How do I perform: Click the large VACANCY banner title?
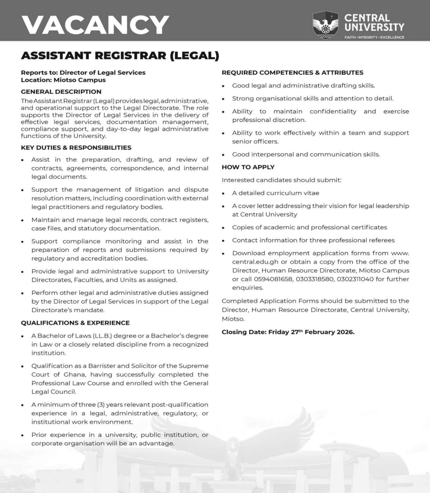pyautogui.click(x=95, y=25)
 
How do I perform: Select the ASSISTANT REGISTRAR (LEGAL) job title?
pyautogui.click(x=120, y=55)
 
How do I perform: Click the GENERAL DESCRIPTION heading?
pyautogui.click(x=61, y=92)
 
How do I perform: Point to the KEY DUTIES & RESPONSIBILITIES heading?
pyautogui.click(x=76, y=147)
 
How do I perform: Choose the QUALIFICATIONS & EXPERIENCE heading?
pyautogui.click(x=75, y=323)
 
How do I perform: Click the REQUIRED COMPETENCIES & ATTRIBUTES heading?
pyautogui.click(x=292, y=72)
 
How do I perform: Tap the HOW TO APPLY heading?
pyautogui.click(x=248, y=167)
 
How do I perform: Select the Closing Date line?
pyautogui.click(x=288, y=332)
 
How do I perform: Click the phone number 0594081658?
pyautogui.click(x=274, y=279)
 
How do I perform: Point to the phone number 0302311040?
pyautogui.click(x=355, y=279)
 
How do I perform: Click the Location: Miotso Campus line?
pyautogui.click(x=63, y=80)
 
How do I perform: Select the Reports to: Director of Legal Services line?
pyautogui.click(x=83, y=72)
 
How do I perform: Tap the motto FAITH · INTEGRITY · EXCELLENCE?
pyautogui.click(x=374, y=37)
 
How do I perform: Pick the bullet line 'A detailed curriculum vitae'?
pyautogui.click(x=276, y=193)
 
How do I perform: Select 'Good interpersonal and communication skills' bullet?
pyautogui.click(x=306, y=154)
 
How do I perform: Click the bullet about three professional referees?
pyautogui.click(x=313, y=240)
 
